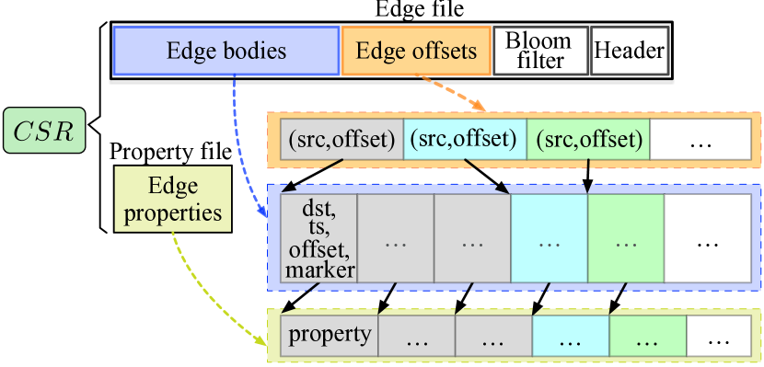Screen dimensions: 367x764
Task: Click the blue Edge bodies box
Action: pos(226,51)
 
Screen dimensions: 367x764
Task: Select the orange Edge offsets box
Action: pos(416,51)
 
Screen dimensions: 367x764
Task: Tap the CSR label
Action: pos(45,132)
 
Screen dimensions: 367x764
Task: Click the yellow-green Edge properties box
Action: pos(173,200)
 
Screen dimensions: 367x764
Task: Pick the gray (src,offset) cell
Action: pos(341,140)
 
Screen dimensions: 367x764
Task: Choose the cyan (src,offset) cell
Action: pos(464,140)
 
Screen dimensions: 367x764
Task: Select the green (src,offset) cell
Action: pos(587,140)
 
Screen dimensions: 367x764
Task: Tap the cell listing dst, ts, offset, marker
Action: pos(318,237)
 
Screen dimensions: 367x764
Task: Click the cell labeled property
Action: pos(330,335)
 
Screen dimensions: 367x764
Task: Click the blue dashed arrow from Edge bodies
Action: pos(241,147)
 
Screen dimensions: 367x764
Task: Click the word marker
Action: pos(318,270)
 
